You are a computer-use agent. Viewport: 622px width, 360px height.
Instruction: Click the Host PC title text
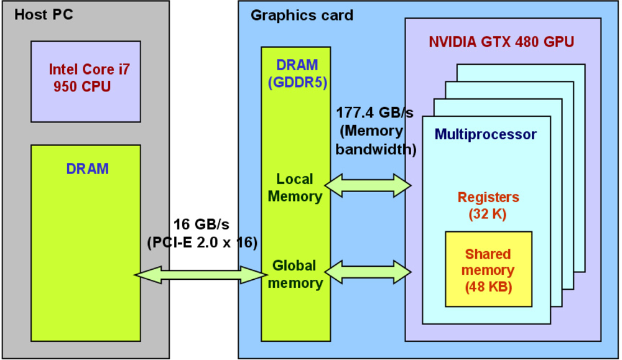[44, 14]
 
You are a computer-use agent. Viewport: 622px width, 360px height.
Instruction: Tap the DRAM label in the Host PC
[87, 168]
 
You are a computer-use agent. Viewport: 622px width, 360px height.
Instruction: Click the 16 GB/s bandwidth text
[195, 224]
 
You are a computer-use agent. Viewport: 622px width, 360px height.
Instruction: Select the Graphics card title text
[302, 15]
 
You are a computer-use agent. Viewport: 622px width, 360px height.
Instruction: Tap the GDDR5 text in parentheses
[297, 81]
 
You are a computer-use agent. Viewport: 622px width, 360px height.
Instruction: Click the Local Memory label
[295, 188]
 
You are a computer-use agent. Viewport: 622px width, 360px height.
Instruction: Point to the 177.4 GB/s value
[374, 113]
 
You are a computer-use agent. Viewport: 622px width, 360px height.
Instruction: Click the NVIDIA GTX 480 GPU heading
[501, 42]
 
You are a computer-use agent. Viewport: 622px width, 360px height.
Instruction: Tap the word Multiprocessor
[485, 134]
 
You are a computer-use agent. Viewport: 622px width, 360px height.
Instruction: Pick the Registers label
[488, 198]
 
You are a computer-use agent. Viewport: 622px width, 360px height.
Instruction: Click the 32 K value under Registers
[488, 215]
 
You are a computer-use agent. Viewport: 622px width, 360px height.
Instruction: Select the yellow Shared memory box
[488, 269]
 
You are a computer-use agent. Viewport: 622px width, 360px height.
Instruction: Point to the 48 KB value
[488, 288]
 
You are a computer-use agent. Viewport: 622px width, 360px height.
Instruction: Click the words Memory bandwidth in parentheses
[376, 141]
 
